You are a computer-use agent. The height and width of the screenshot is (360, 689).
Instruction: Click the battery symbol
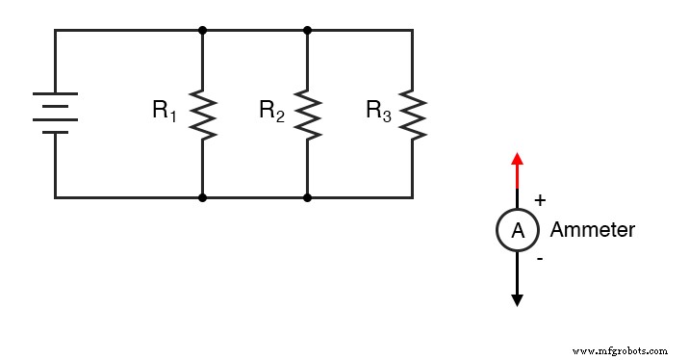pos(55,114)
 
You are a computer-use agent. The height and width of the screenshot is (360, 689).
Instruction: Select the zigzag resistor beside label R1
pos(202,114)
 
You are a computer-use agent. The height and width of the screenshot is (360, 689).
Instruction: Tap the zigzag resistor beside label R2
pos(307,114)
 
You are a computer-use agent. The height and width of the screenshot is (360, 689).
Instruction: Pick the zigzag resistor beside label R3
pos(413,114)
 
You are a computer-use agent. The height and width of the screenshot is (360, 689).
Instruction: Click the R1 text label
pos(165,111)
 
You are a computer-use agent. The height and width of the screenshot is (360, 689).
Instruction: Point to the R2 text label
pos(271,111)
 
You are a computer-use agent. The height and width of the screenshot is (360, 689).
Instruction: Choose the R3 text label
pos(378,111)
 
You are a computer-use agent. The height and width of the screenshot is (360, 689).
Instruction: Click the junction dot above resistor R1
pos(202,30)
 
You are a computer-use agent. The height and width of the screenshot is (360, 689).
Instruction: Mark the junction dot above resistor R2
pos(307,30)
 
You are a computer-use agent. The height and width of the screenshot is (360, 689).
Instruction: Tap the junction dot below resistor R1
pos(202,197)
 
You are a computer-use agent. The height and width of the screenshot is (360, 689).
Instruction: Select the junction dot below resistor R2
pos(307,197)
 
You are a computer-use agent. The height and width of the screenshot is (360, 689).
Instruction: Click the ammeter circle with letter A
pos(517,230)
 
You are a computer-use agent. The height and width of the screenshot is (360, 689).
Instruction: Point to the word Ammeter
pos(592,230)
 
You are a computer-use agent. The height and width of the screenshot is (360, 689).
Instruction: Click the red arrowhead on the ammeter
pos(517,159)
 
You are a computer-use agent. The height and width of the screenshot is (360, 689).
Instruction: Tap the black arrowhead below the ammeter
pos(517,300)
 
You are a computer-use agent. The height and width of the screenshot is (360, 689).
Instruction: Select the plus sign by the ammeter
pos(540,200)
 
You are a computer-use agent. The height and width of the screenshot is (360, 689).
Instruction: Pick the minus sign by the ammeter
pos(539,259)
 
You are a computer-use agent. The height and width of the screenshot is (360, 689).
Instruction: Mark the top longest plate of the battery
pos(55,95)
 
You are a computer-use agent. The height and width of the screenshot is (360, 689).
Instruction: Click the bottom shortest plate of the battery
pos(55,132)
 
